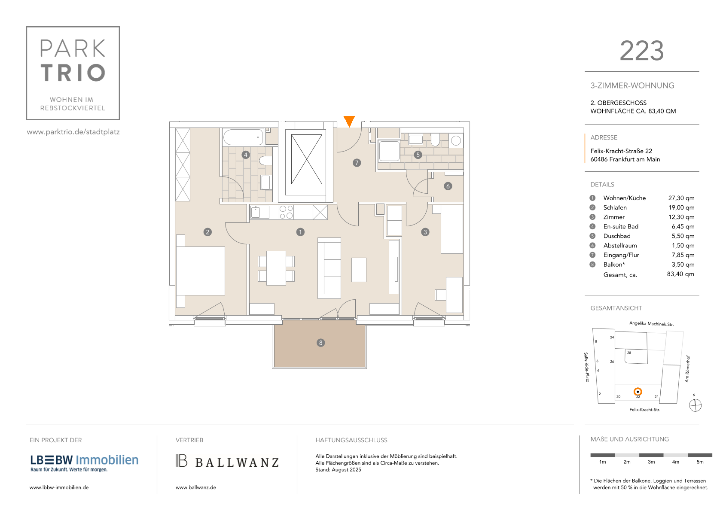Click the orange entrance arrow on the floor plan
(x=349, y=121)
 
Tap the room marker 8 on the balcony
(x=320, y=343)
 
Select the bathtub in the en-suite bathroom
(x=244, y=137)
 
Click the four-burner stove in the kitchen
(x=286, y=212)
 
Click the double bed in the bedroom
(x=201, y=271)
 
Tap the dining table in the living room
(x=276, y=268)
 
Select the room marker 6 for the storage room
(x=448, y=186)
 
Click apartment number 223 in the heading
(x=642, y=51)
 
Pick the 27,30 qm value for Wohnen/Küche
(x=681, y=198)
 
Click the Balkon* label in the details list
(x=614, y=265)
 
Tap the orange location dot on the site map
(x=638, y=392)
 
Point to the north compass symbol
(x=695, y=405)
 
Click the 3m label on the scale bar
(x=651, y=462)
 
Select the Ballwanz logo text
(x=237, y=462)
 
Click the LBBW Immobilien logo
(x=84, y=463)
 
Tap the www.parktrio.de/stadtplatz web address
(x=73, y=132)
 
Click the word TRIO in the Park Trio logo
(x=73, y=73)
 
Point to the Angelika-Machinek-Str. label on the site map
(x=651, y=324)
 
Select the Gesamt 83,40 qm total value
(x=680, y=274)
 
